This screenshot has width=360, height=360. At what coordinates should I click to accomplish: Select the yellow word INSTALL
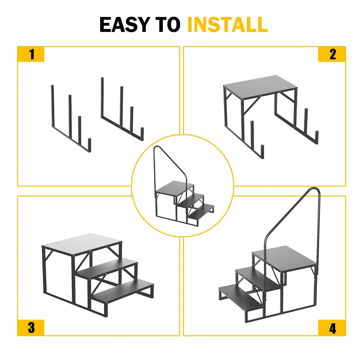tap(227, 25)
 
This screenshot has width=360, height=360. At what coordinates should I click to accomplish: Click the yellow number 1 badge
tap(31, 54)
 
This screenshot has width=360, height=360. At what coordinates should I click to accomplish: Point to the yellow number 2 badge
tap(332, 54)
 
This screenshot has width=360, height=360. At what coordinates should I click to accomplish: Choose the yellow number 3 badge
tap(31, 328)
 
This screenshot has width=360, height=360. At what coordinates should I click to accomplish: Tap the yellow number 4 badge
tap(332, 328)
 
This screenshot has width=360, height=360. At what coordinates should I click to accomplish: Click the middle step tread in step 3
tap(108, 267)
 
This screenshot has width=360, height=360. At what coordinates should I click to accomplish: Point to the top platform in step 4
tap(285, 258)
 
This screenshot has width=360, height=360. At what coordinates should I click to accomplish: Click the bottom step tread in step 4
tap(241, 297)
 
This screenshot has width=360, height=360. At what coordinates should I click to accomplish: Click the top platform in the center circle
tap(175, 188)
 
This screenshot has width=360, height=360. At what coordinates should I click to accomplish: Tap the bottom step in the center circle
tap(201, 211)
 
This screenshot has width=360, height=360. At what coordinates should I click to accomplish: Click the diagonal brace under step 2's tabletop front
tap(252, 105)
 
